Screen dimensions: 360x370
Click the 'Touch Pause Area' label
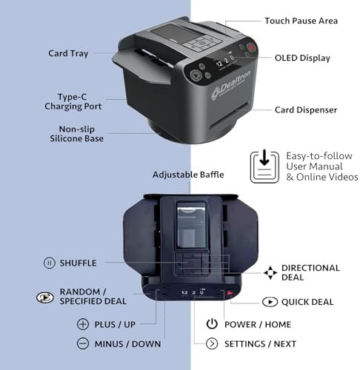click(301, 21)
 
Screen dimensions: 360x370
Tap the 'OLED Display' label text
click(302, 58)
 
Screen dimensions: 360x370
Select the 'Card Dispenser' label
click(306, 110)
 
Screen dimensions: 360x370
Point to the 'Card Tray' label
click(68, 53)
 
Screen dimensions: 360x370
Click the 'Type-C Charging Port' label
click(73, 101)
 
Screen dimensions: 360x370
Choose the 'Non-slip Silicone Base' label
click(76, 134)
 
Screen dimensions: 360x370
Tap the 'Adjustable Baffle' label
click(188, 175)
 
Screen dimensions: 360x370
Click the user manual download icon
click(264, 166)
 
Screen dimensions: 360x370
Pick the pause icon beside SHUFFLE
click(49, 263)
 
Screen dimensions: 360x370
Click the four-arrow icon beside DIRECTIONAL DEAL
click(270, 272)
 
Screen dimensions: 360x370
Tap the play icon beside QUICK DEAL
click(270, 302)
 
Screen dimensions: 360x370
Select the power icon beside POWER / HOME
click(212, 324)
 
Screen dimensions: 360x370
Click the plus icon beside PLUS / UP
click(83, 324)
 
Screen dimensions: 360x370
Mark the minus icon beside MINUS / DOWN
click(83, 343)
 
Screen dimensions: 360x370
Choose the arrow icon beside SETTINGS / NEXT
click(212, 343)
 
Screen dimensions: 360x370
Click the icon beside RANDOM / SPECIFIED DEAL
click(44, 297)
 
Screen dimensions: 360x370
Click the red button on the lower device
click(230, 293)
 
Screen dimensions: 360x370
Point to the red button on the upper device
click(252, 47)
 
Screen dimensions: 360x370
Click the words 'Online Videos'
click(327, 177)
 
